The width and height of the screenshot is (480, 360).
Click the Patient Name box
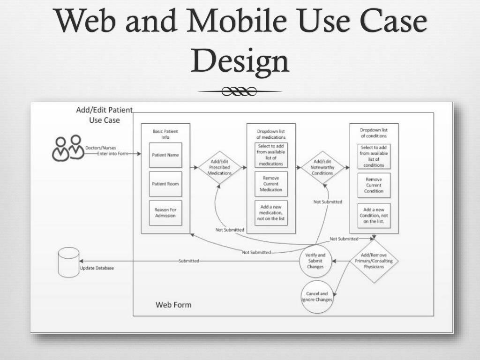(165, 155)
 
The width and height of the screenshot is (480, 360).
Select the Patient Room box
(165, 184)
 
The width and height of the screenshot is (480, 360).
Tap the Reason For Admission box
(165, 213)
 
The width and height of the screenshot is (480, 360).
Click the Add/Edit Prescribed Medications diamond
(219, 167)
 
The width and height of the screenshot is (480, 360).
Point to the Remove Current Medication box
(271, 184)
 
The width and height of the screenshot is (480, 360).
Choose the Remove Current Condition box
(374, 185)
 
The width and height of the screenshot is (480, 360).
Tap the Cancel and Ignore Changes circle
(317, 297)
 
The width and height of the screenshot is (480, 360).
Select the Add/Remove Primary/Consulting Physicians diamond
(374, 261)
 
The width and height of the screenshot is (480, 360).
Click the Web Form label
(173, 305)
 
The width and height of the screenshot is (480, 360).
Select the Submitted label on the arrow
(189, 261)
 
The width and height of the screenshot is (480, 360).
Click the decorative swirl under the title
(240, 91)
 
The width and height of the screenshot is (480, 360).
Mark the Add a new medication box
(271, 213)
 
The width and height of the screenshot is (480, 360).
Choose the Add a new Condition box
(374, 215)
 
